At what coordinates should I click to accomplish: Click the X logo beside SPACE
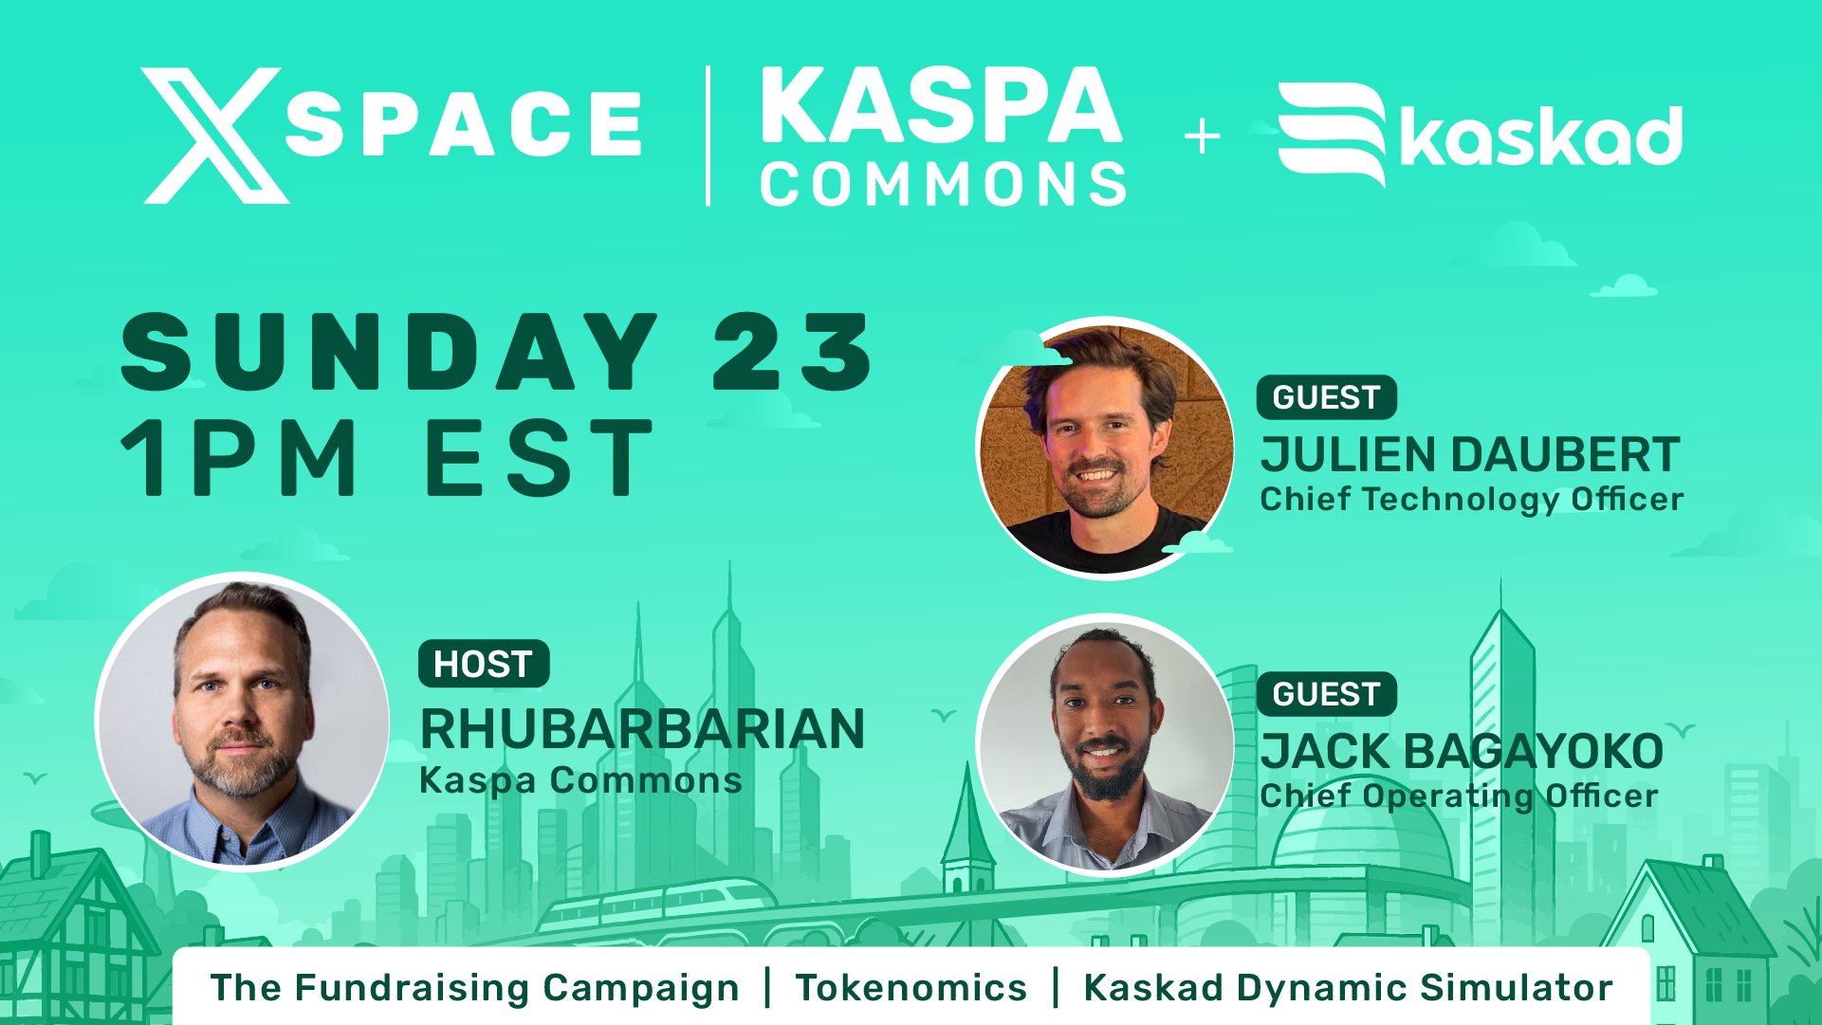(x=215, y=136)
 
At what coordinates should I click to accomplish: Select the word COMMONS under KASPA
(x=944, y=183)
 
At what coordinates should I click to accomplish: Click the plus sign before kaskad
(x=1202, y=137)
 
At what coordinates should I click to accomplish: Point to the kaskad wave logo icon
(x=1332, y=134)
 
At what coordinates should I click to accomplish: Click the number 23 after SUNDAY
(x=792, y=352)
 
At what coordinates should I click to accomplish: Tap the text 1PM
(x=238, y=459)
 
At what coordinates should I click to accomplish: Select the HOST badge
(x=483, y=664)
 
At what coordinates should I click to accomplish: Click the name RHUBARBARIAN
(x=642, y=729)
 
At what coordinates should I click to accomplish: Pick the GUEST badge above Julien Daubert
(x=1326, y=397)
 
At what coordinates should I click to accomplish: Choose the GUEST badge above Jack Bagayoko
(x=1326, y=694)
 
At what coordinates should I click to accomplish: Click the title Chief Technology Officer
(x=1471, y=500)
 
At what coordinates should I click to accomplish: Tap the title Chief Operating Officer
(x=1459, y=796)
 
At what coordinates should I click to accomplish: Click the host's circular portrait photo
(x=242, y=721)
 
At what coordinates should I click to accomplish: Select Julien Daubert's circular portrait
(x=1106, y=447)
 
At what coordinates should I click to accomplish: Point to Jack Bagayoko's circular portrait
(x=1106, y=744)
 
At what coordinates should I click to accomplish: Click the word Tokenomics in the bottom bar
(x=911, y=988)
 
